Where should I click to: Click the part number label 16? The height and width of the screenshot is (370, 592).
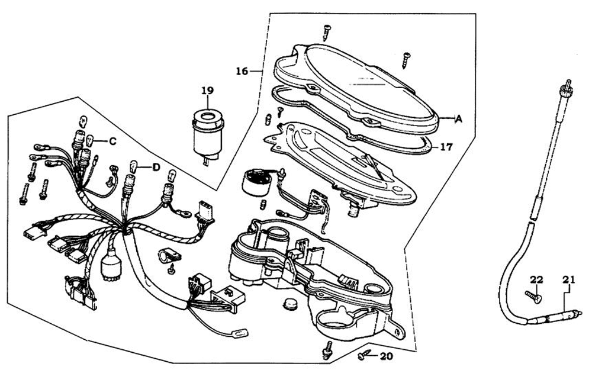(x=242, y=72)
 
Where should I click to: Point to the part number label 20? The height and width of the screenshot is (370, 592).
(x=386, y=356)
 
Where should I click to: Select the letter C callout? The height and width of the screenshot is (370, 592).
(x=112, y=141)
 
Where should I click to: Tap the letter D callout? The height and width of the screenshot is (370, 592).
(x=156, y=168)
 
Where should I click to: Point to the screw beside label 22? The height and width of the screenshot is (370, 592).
(x=532, y=297)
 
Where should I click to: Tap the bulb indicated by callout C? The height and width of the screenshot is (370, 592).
(x=90, y=141)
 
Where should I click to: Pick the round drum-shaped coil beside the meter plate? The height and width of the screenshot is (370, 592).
(x=257, y=180)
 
